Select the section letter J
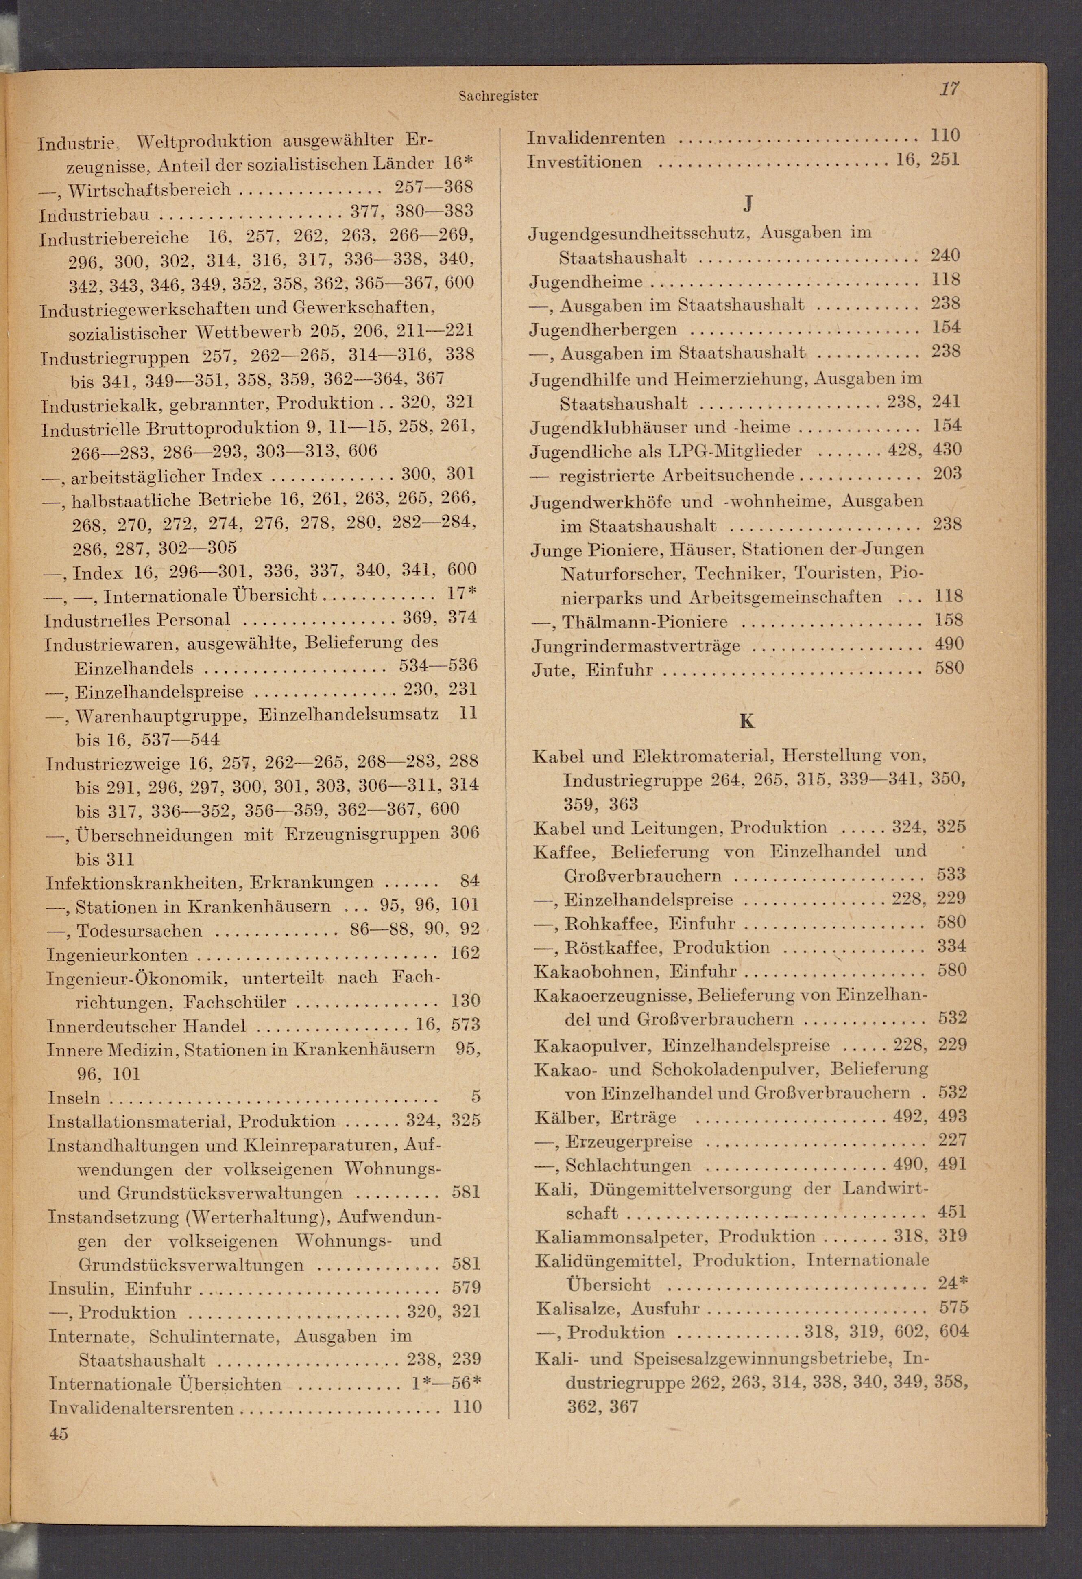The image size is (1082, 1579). tap(747, 203)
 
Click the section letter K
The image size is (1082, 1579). tap(746, 721)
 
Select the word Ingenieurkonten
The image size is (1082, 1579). tap(117, 955)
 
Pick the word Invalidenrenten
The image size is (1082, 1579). tap(596, 138)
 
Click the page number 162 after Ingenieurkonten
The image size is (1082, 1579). tap(465, 953)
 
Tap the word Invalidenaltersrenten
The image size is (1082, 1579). tap(141, 1408)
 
